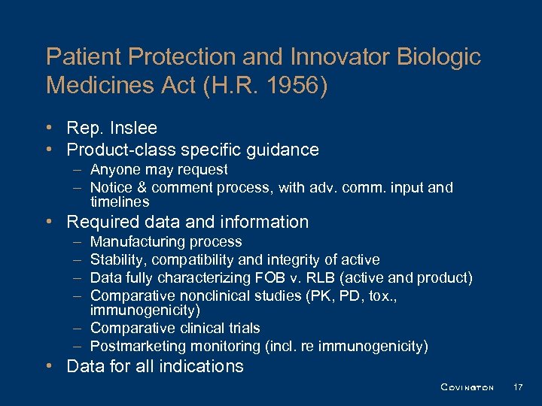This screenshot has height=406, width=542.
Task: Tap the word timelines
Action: point(120,202)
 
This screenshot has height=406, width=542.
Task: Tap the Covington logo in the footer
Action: point(467,387)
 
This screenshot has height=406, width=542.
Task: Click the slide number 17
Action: point(517,387)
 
